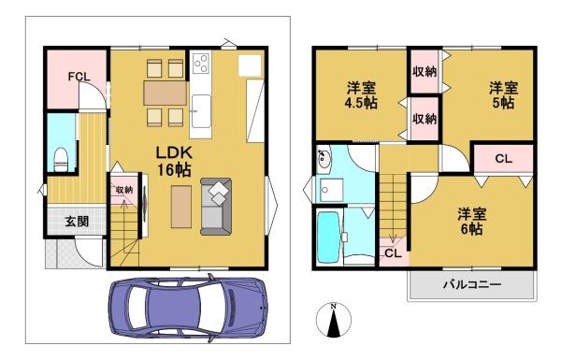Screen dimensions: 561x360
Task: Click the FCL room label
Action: tap(79, 77)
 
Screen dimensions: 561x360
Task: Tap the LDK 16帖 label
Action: tap(174, 162)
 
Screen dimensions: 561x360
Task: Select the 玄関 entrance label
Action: tap(77, 222)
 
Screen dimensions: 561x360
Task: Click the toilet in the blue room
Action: tap(61, 160)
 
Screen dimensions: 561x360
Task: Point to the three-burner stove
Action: tap(201, 64)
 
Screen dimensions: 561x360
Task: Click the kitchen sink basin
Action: tap(201, 111)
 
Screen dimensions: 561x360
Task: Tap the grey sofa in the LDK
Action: tap(216, 207)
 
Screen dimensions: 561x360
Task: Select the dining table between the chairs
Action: tap(165, 94)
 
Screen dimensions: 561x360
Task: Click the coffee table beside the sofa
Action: tap(181, 207)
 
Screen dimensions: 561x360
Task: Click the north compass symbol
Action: tap(334, 320)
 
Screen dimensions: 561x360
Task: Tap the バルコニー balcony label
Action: tap(472, 285)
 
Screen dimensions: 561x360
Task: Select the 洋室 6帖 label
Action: tap(471, 222)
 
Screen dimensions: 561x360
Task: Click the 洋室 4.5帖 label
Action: tap(361, 95)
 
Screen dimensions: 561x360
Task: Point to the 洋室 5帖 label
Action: tap(503, 95)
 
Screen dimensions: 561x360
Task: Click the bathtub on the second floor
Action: tap(328, 238)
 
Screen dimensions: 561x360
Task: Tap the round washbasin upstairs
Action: tap(324, 159)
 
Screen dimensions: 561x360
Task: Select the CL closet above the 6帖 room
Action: tap(504, 158)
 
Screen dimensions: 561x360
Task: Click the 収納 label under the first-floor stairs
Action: tap(124, 190)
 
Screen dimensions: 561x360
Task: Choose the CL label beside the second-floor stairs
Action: tap(394, 253)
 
